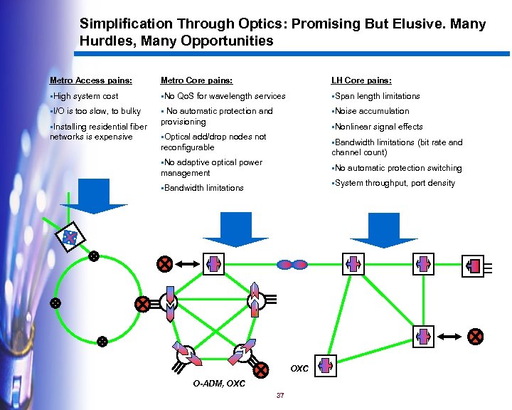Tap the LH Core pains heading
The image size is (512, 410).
(361, 80)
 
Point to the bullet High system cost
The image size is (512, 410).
(85, 96)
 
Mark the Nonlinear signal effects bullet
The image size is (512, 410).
(378, 127)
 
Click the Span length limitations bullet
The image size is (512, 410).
(377, 96)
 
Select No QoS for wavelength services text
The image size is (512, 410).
(223, 96)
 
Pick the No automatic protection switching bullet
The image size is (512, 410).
(398, 168)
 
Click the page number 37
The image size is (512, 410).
(280, 396)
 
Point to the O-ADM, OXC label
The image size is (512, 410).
(219, 384)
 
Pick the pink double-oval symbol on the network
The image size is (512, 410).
(292, 264)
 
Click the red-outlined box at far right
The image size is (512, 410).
(474, 266)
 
